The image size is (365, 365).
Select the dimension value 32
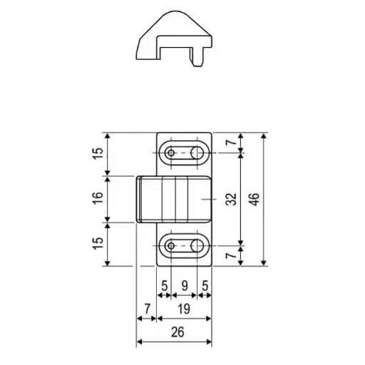[231, 199]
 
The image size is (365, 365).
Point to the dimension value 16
[99, 199]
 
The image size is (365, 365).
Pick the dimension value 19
[183, 308]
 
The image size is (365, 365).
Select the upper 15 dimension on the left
[99, 153]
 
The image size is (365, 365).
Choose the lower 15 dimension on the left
[99, 244]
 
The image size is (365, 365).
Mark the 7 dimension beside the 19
[146, 308]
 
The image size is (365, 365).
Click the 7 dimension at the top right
[231, 143]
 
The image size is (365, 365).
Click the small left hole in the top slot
[171, 153]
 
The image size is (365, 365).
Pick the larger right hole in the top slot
[197, 153]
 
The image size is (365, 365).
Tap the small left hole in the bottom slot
[171, 246]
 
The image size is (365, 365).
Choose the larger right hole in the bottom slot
[197, 246]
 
